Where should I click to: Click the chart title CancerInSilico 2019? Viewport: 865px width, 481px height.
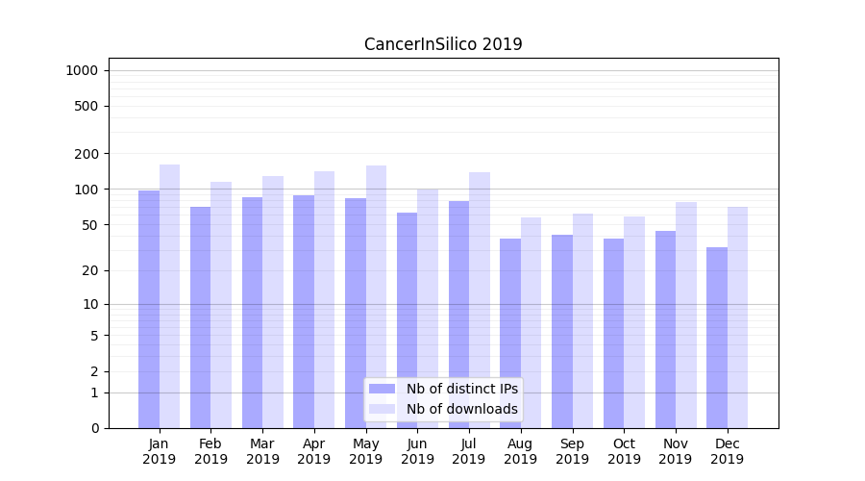[x=443, y=44]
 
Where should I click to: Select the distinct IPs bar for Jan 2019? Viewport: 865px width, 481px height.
[x=149, y=308]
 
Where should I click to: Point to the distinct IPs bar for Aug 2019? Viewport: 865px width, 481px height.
[x=510, y=333]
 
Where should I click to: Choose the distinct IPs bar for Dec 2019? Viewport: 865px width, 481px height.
[x=717, y=337]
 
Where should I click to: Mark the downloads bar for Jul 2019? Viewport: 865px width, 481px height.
[x=479, y=299]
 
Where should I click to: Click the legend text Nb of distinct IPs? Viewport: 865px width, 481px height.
[x=461, y=389]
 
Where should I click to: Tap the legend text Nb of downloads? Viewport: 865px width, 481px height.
[x=461, y=409]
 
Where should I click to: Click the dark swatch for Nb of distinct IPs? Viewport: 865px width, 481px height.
[x=383, y=389]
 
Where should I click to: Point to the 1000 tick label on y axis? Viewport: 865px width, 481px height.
[x=82, y=70]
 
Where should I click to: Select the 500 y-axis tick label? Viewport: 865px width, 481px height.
[x=87, y=106]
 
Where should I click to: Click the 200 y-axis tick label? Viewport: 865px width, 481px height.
[x=87, y=154]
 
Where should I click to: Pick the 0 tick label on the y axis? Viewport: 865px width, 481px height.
[x=95, y=428]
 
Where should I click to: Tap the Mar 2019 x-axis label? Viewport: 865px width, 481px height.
[x=262, y=451]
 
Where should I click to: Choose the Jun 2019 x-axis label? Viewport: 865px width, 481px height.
[x=417, y=451]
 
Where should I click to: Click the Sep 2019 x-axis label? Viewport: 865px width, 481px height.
[x=572, y=451]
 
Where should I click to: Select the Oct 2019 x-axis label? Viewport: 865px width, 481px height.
[x=624, y=451]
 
